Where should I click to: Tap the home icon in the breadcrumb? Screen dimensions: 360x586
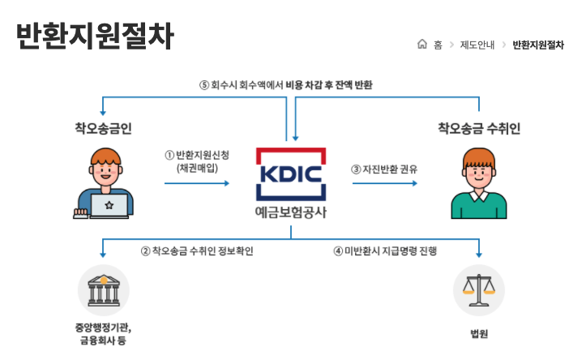421,45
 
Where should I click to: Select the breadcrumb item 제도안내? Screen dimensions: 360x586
477,45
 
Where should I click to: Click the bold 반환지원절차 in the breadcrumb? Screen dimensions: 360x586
538,45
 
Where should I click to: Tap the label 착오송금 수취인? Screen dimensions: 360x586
479,128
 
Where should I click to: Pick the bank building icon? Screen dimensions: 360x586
103,289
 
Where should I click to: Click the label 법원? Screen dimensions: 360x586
479,334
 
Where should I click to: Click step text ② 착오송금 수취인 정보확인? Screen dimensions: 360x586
197,251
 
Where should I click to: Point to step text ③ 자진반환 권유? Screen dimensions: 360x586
384,169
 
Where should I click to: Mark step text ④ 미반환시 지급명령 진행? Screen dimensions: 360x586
385,251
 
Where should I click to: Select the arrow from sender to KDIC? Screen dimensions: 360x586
196,183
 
